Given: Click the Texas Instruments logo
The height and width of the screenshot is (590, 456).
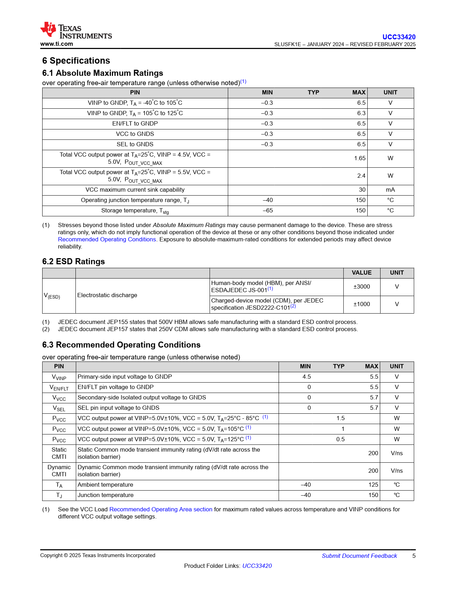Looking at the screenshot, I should tap(76, 30).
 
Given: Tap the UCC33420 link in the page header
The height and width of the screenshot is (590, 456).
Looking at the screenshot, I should tap(399, 37).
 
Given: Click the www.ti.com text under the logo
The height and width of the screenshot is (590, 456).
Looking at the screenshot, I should tap(57, 44).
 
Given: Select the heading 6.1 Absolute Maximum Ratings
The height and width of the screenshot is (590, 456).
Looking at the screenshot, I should tap(103, 73).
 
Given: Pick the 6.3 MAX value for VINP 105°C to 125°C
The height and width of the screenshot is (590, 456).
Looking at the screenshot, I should tap(361, 113).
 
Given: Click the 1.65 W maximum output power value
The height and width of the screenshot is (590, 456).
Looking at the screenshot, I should tap(360, 158).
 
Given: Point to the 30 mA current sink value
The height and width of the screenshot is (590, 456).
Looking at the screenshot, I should tap(362, 190).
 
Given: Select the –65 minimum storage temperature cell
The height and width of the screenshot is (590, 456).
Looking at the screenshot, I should tap(268, 210).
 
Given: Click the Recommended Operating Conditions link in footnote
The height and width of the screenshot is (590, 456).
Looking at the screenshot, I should tap(107, 239).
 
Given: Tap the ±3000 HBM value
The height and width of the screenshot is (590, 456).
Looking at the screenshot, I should tap(362, 286).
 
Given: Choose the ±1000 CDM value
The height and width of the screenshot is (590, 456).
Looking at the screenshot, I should tap(362, 304).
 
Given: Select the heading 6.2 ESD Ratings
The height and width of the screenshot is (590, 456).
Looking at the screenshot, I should tap(73, 261).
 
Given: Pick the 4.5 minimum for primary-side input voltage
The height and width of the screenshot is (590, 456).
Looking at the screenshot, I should tap(307, 377).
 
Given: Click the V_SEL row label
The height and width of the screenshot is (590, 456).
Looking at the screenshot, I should tap(59, 408).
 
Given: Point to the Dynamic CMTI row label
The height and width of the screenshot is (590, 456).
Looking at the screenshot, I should tap(59, 471).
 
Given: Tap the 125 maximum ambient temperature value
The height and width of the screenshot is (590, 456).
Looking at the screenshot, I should tap(373, 485).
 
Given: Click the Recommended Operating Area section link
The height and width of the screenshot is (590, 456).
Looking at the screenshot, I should tap(161, 509).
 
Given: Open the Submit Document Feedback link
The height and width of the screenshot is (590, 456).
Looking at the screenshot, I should tap(359, 556).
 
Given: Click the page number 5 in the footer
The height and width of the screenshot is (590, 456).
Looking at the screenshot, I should tap(414, 556).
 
